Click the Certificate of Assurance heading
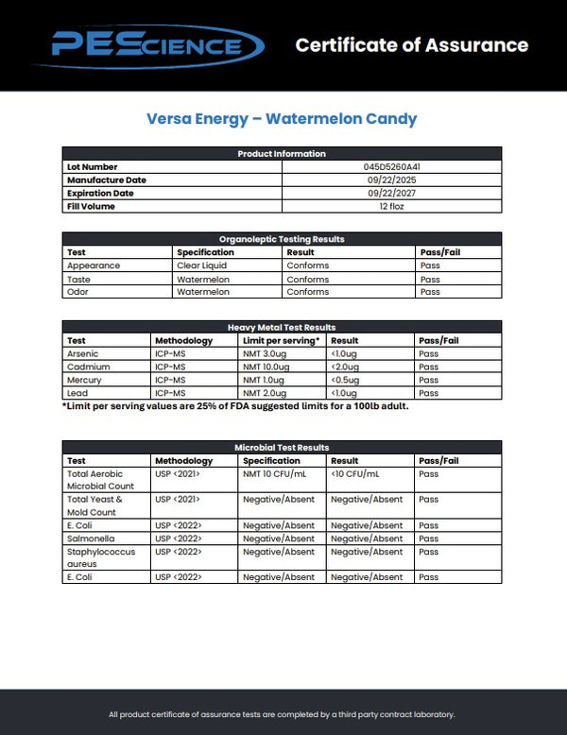(x=411, y=44)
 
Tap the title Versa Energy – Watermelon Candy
(x=282, y=119)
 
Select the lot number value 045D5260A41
(x=391, y=166)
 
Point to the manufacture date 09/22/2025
(x=391, y=179)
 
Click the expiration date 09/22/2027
(x=391, y=193)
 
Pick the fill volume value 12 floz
(x=391, y=206)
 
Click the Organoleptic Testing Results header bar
(x=282, y=239)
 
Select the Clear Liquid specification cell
(x=201, y=265)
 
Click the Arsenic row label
(x=82, y=353)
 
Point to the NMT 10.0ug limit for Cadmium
(x=266, y=367)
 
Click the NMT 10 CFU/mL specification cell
(x=275, y=474)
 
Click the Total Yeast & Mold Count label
(x=95, y=505)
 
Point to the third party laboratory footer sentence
(x=282, y=714)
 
